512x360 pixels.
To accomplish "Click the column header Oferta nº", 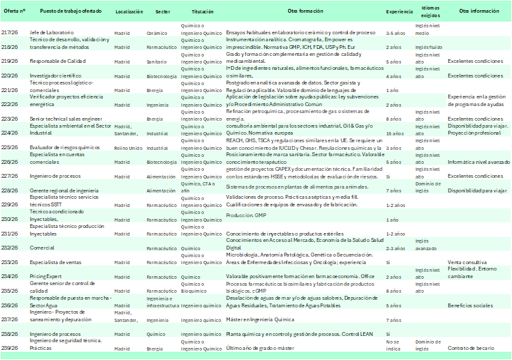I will (x=15, y=12).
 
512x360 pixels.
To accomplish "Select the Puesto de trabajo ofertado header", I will (x=65, y=12).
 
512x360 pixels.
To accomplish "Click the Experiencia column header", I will (x=399, y=12).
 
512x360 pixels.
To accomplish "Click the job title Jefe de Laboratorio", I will (x=51, y=32).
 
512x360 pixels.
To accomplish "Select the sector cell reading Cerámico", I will (x=157, y=32).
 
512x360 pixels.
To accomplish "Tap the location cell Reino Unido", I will (x=126, y=147).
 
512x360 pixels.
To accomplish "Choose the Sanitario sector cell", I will (x=158, y=62).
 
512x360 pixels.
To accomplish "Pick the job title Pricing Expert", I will (x=45, y=277).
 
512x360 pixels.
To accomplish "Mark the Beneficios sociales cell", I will (x=470, y=305).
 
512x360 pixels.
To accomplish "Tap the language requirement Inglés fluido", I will (x=428, y=47).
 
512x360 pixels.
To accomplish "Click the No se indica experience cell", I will (x=394, y=345).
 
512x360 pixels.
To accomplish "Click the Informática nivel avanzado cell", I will (x=478, y=162).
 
